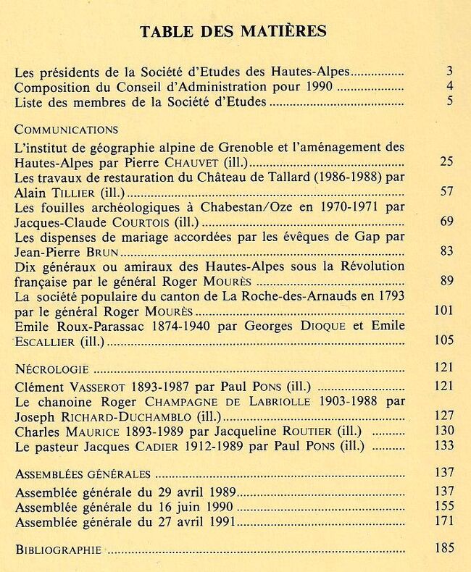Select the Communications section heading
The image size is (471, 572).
click(66, 130)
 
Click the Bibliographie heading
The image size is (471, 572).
click(58, 550)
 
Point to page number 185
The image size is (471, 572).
click(443, 548)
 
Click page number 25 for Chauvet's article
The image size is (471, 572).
click(446, 161)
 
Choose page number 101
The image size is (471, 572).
click(443, 311)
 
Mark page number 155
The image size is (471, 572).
click(443, 506)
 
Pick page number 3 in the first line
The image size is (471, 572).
click(449, 72)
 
